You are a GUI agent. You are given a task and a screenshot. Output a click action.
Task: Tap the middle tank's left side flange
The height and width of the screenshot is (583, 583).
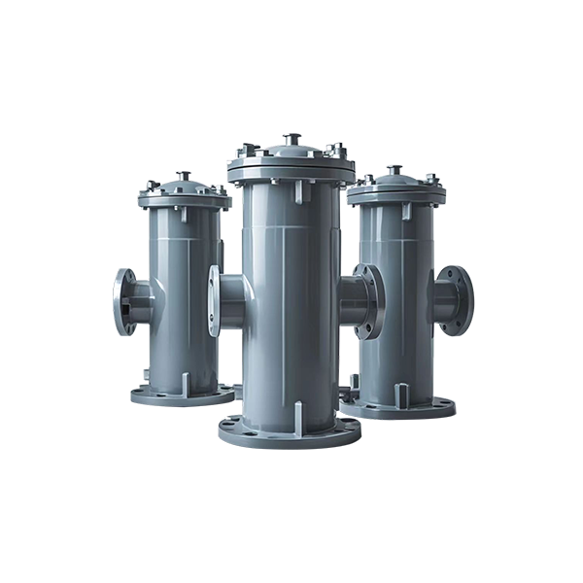[x=216, y=300]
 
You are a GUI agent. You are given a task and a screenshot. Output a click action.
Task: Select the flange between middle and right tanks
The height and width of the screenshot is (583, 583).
[x=367, y=301]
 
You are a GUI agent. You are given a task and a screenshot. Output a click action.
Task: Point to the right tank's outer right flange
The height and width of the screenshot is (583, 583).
[x=456, y=300]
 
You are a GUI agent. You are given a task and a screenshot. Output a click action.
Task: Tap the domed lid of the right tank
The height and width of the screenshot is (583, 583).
[x=395, y=187]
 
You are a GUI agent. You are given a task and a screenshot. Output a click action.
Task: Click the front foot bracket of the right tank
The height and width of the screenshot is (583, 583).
[x=400, y=394]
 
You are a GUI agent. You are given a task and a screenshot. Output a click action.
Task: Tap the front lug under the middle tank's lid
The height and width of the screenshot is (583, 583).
[x=297, y=191]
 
